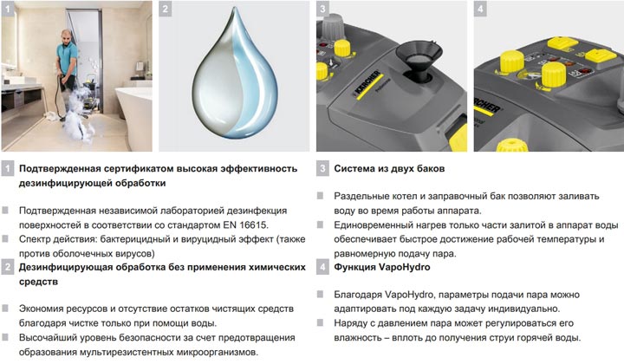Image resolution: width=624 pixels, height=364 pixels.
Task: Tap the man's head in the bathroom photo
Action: [68, 36]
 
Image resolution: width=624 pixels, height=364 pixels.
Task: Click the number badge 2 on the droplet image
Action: [166, 9]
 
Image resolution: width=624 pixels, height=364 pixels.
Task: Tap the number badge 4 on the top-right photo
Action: [480, 9]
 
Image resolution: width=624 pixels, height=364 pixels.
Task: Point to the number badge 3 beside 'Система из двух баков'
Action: [322, 169]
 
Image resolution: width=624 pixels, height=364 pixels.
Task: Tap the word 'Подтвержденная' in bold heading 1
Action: [60, 169]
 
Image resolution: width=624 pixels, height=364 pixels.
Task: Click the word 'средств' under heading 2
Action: [38, 282]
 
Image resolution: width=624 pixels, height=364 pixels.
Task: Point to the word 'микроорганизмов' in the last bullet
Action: [216, 353]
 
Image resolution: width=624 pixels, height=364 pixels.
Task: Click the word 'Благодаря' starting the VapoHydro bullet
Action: [358, 296]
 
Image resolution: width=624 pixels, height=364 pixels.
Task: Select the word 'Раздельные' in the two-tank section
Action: [362, 197]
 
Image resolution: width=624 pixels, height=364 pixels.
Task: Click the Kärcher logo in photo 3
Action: [367, 85]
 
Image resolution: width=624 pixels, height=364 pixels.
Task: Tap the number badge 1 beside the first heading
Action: [8, 169]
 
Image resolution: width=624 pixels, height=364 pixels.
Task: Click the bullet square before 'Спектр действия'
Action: [5, 238]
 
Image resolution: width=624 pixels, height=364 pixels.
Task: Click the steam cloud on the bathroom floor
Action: [79, 115]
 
